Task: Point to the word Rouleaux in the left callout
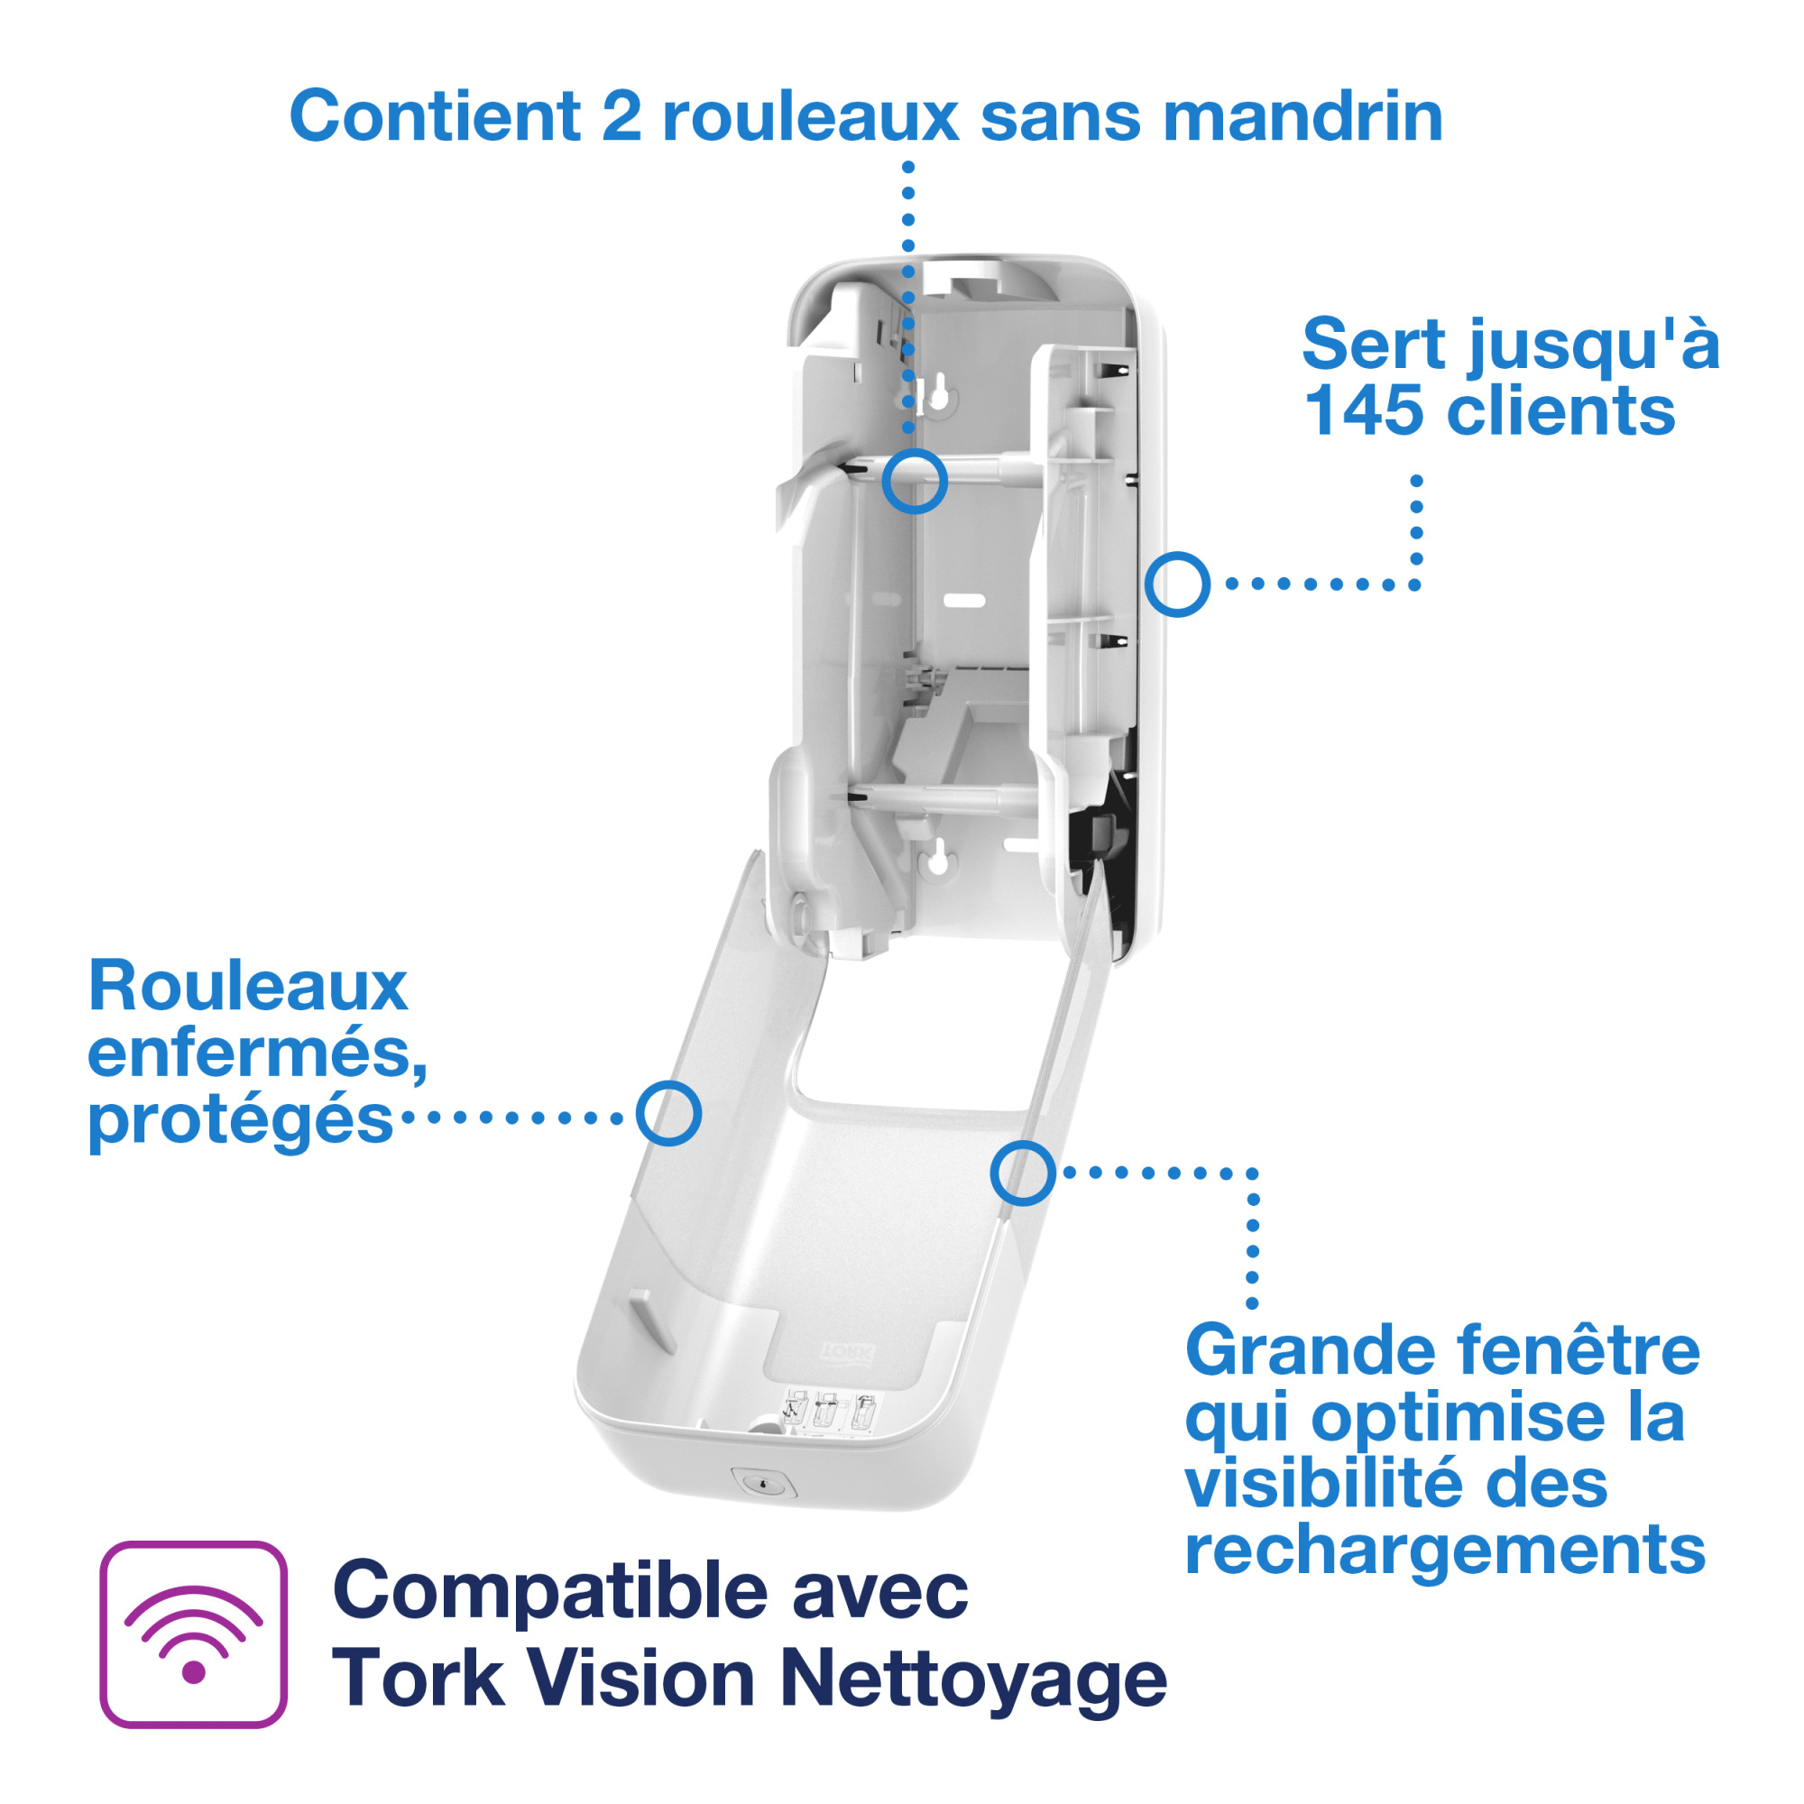point(247,986)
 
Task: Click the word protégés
point(240,1119)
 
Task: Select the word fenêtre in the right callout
point(1577,1351)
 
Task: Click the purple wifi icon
point(193,1634)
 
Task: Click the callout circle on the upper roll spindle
point(914,481)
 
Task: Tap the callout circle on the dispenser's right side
point(1176,584)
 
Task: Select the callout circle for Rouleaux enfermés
point(668,1113)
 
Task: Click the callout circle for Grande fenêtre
point(1023,1173)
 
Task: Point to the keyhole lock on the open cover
point(763,1482)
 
